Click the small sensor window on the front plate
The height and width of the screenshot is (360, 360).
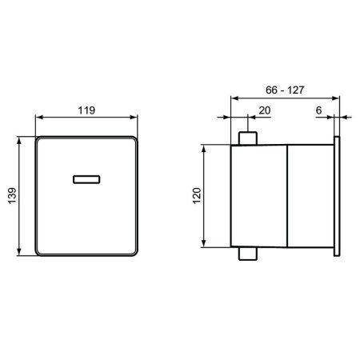pyautogui.click(x=86, y=178)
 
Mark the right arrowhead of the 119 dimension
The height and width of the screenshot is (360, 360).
pyautogui.click(x=138, y=122)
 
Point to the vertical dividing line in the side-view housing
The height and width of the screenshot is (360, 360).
pyautogui.click(x=286, y=196)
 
